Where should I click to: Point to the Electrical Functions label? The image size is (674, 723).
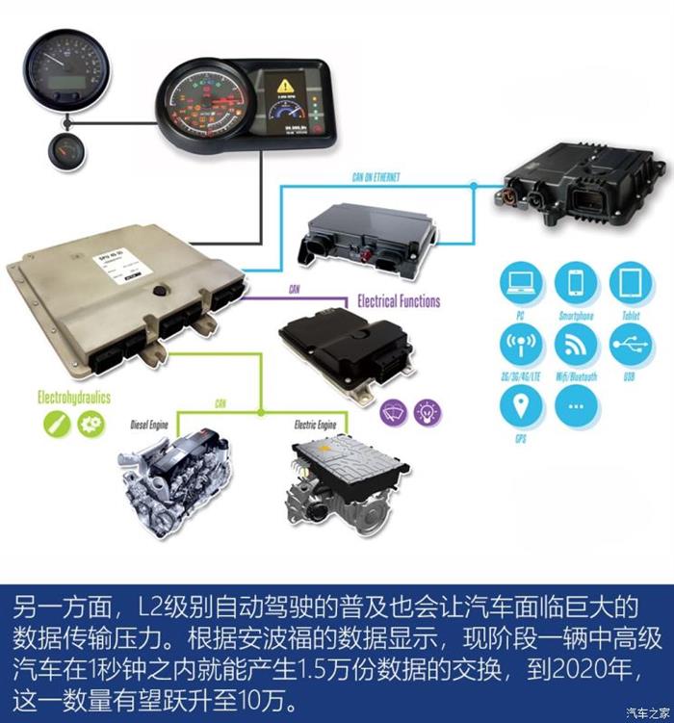[398, 301]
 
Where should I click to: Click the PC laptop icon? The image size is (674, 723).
[521, 283]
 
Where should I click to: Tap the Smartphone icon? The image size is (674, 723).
[576, 283]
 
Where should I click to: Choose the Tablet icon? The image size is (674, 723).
[631, 283]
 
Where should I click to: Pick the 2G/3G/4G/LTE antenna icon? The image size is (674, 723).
[521, 344]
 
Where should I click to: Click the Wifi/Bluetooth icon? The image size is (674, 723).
[576, 344]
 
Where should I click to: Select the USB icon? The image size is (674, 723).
[631, 344]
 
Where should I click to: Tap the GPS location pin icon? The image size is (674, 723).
[521, 405]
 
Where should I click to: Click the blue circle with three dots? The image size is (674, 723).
[576, 405]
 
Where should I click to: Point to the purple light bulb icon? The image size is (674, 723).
[427, 412]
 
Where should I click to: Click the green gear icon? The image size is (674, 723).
[91, 422]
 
